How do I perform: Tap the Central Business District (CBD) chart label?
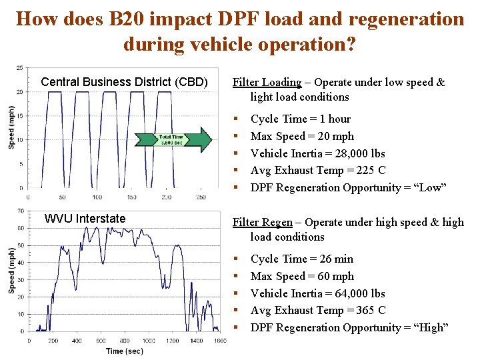124,82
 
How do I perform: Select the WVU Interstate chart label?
85,219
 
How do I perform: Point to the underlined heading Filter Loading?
266,83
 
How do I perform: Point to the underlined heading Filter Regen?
261,223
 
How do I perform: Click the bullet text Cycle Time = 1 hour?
300,119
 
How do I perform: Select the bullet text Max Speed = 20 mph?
302,136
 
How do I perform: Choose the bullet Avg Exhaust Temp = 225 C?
318,171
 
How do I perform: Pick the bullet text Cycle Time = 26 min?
301,259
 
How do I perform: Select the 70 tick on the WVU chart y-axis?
21,211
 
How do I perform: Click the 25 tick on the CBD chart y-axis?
20,67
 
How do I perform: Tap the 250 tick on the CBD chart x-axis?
201,197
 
